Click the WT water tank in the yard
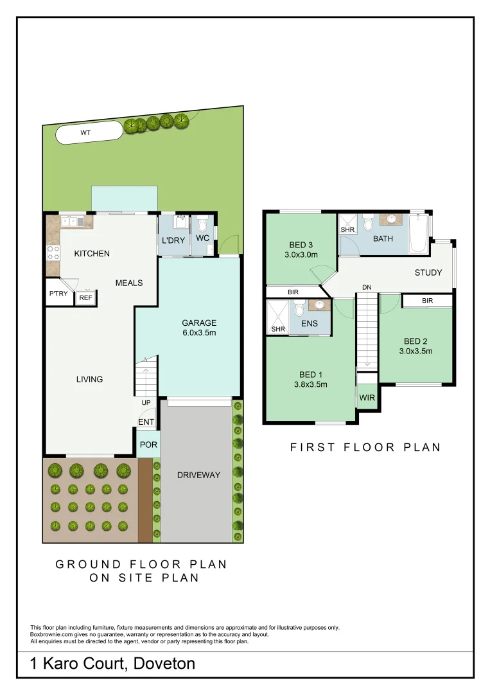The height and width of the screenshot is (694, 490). click(88, 133)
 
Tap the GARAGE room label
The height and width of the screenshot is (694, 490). click(198, 323)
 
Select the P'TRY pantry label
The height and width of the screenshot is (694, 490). click(58, 295)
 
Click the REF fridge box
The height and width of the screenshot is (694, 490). click(85, 298)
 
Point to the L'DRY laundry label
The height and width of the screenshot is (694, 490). click(173, 240)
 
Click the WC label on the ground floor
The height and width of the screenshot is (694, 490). click(202, 238)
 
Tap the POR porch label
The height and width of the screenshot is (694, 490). click(148, 445)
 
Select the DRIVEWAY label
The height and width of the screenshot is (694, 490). click(198, 475)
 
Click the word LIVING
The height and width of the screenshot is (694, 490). click(89, 379)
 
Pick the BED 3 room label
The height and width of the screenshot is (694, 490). click(301, 244)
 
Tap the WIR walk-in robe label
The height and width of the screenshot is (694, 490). click(367, 398)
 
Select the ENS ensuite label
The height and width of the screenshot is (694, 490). click(309, 323)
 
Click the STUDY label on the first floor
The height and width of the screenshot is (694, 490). click(428, 272)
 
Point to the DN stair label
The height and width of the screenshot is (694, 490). click(366, 287)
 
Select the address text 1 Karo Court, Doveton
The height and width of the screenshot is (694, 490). click(112, 663)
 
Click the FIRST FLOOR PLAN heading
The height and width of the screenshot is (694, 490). click(365, 447)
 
